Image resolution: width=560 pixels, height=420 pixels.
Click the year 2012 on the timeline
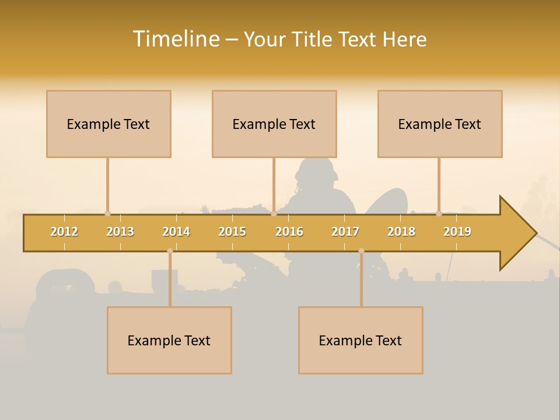coord(64,232)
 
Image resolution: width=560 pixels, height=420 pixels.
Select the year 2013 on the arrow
coord(120,232)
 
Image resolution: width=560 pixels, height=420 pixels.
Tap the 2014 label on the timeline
coord(176,232)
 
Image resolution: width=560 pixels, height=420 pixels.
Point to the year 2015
coord(232,232)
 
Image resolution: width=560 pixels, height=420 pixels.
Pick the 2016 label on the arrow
coord(289,232)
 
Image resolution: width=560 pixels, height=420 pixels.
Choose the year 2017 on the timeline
coord(345,232)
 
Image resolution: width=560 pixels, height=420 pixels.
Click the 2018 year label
coord(401,232)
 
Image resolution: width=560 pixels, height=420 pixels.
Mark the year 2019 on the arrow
coord(457,232)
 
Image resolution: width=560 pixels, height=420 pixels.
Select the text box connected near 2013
coord(108,124)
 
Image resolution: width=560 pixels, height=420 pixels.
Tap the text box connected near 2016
coord(274,124)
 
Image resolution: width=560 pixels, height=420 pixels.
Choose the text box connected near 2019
coord(440,124)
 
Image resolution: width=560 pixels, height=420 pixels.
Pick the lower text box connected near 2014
coord(169,340)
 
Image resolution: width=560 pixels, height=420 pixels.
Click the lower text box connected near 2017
coord(360,340)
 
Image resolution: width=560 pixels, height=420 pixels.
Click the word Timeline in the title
coord(175,39)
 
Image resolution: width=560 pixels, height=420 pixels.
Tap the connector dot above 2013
coord(107,213)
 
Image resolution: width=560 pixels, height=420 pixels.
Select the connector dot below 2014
coord(170,251)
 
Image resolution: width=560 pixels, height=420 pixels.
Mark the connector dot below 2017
coord(361,251)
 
